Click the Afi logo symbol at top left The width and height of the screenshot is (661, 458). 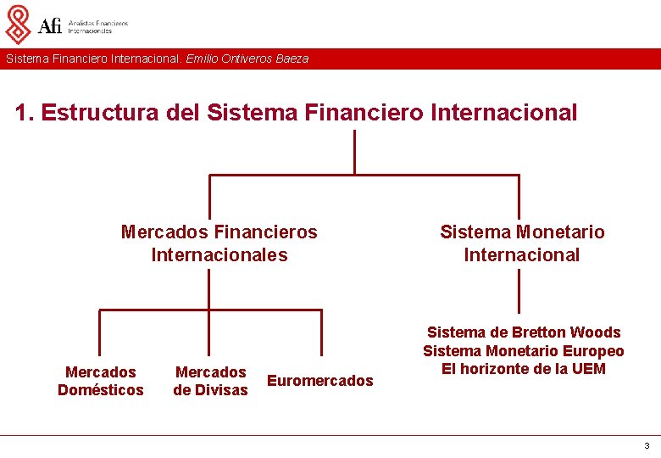18,24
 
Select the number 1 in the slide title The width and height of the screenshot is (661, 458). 22,113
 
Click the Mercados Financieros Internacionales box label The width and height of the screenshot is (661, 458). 219,243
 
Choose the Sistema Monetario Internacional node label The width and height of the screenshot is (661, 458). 522,243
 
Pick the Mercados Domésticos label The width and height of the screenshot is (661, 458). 101,381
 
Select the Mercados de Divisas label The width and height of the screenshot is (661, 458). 210,381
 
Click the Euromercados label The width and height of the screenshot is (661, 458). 319,381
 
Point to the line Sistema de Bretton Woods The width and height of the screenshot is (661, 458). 524,332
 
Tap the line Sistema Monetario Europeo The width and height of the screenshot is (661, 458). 524,351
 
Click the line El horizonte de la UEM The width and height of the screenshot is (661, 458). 524,369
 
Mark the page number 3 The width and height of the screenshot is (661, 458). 647,445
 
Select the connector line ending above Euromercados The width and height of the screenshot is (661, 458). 321,332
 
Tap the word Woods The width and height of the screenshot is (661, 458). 595,332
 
